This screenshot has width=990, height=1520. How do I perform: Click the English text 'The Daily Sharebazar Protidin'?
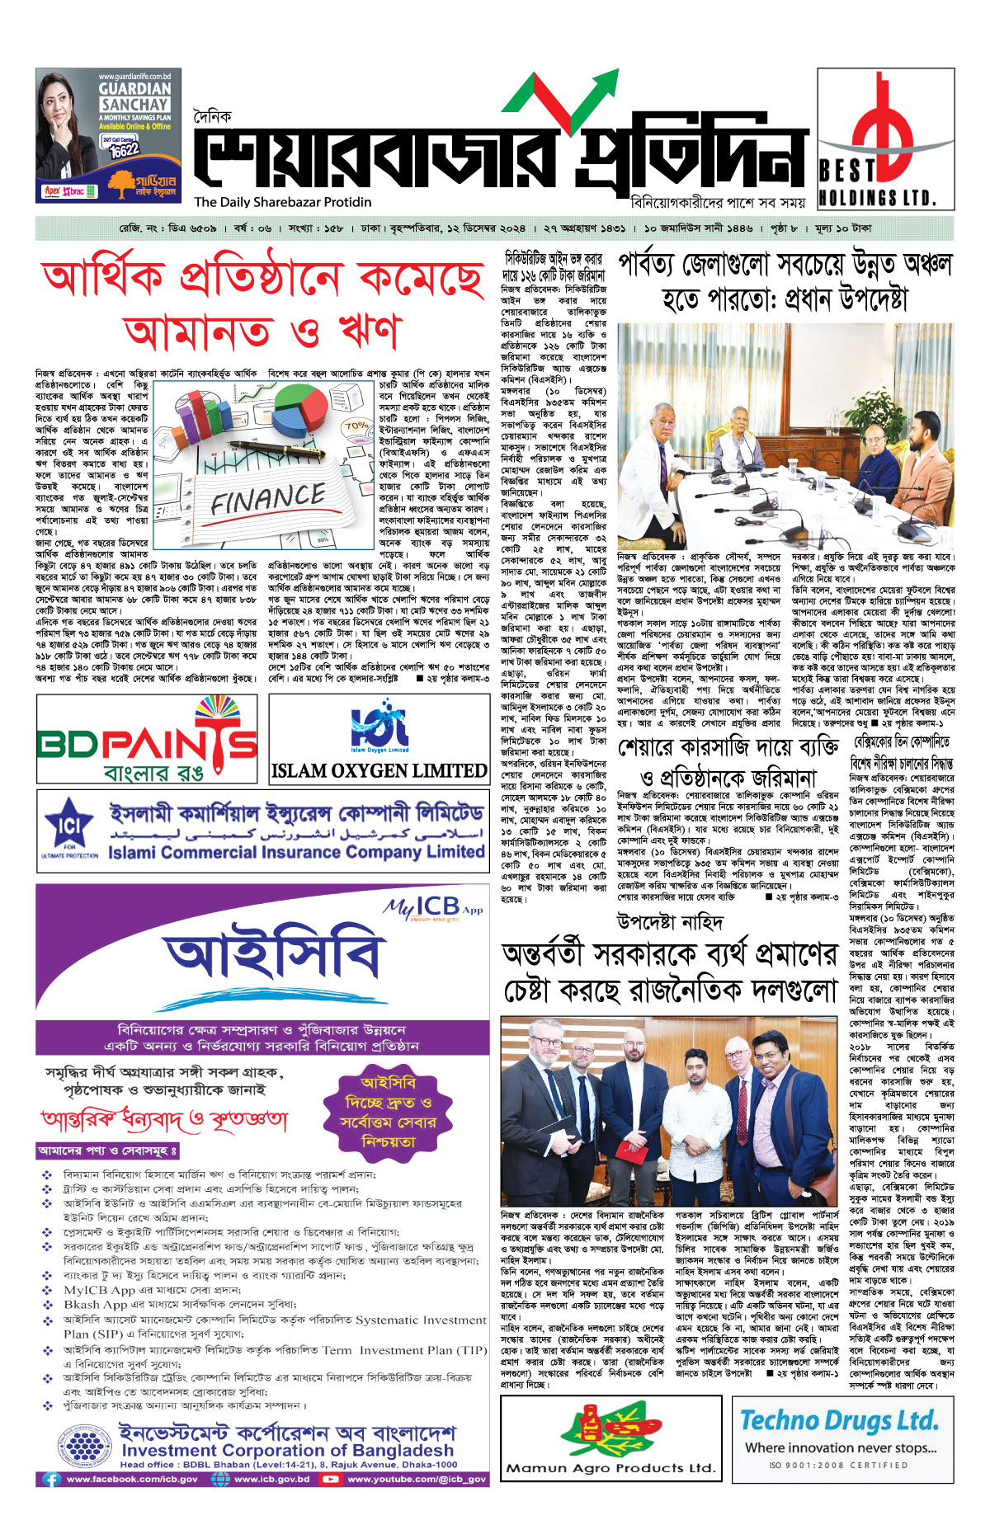coord(283,202)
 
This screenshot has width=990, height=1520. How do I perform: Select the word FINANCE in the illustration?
coord(268,498)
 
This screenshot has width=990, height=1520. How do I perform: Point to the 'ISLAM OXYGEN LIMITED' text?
coord(379,771)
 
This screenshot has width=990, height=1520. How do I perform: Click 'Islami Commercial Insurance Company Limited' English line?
coord(296,852)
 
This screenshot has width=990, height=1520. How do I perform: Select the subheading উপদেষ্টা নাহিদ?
coord(669,921)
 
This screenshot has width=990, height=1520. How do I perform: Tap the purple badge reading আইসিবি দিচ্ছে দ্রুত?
coord(388,1112)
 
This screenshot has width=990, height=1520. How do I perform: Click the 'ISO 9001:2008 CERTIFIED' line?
coord(838,1466)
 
